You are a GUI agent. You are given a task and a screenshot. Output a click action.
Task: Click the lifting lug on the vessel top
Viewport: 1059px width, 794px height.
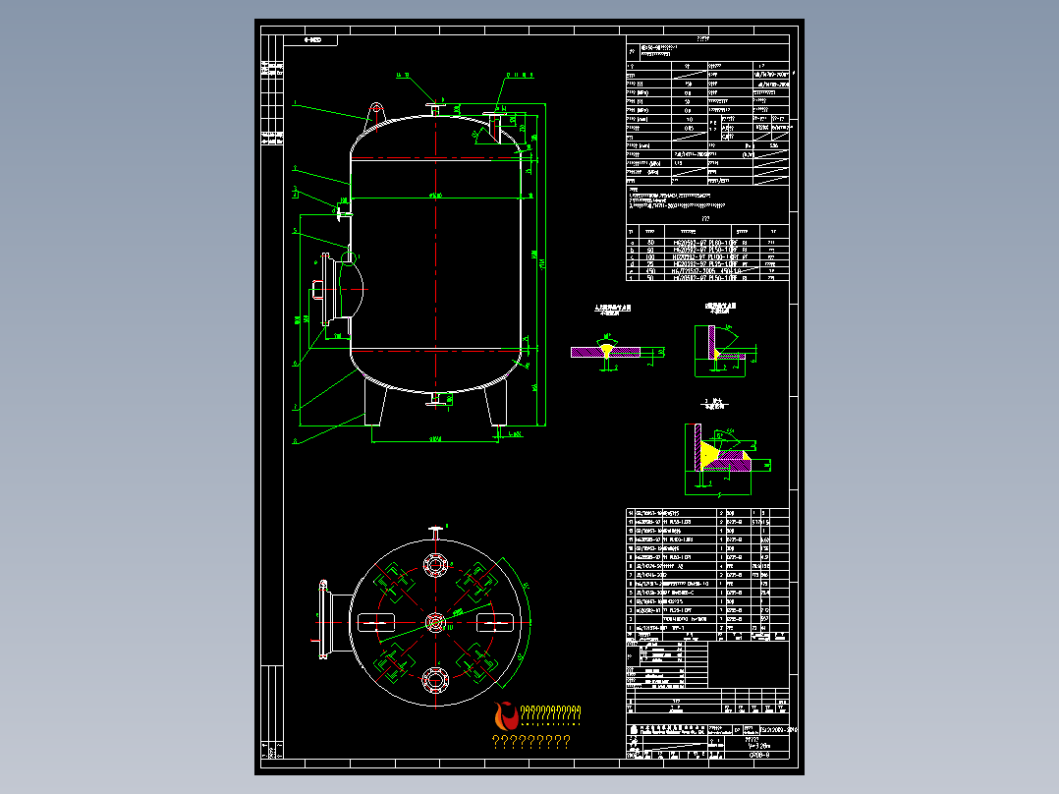coord(374,113)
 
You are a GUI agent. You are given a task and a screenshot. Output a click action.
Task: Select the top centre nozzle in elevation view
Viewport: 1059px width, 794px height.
coord(434,109)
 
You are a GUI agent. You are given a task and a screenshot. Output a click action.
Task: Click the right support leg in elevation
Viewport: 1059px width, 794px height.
coord(498,404)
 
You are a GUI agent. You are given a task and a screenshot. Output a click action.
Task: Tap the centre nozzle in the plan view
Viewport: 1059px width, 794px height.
coord(435,622)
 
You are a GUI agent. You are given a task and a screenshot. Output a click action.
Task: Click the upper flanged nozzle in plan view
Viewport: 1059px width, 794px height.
coord(435,567)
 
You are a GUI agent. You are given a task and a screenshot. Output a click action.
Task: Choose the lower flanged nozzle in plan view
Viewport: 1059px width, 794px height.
coord(435,677)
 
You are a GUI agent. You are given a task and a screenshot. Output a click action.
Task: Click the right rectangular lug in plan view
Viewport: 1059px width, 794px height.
coord(495,622)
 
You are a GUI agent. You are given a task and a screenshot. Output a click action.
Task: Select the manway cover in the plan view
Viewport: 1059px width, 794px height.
coord(320,621)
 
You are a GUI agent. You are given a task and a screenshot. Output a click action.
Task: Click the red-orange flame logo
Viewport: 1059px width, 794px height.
coord(507,717)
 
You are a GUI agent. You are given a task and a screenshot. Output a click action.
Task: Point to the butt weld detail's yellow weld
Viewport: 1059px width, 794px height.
coord(608,350)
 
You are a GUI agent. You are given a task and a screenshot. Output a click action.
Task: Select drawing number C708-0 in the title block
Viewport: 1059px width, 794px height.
coord(759,755)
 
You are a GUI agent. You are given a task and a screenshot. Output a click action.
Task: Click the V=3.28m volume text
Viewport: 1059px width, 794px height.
coord(758,745)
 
